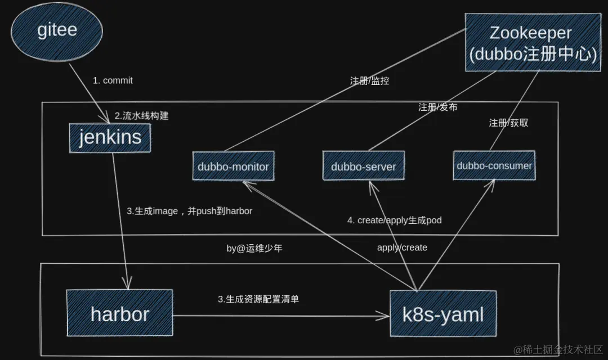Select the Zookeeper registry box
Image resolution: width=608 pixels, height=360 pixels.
pos(530,43)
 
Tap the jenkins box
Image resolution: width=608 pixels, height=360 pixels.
pos(110,137)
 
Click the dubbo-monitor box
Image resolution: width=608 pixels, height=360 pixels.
pos(233,166)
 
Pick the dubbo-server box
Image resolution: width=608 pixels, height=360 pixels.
pos(363,166)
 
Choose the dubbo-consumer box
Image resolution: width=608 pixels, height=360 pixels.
pos(494,165)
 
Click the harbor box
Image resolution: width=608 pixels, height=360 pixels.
pos(119,313)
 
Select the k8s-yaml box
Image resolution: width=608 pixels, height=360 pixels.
pos(443,314)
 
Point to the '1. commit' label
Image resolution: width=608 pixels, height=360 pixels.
pos(113,80)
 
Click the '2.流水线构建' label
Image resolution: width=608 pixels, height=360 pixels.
pos(141,116)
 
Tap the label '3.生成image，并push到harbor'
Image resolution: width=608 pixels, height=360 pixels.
pos(189,211)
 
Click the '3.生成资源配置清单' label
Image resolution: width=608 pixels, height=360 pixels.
pos(258,299)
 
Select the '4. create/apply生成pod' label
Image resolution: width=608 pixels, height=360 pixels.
pos(394,220)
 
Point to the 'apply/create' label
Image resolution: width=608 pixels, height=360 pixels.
pos(402,247)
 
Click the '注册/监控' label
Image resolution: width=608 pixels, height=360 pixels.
pos(369,80)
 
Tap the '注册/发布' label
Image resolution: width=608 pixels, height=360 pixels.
pos(437,107)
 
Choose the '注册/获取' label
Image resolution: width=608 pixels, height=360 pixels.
pos(508,123)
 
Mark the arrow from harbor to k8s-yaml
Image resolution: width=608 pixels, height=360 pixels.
pos(281,316)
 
